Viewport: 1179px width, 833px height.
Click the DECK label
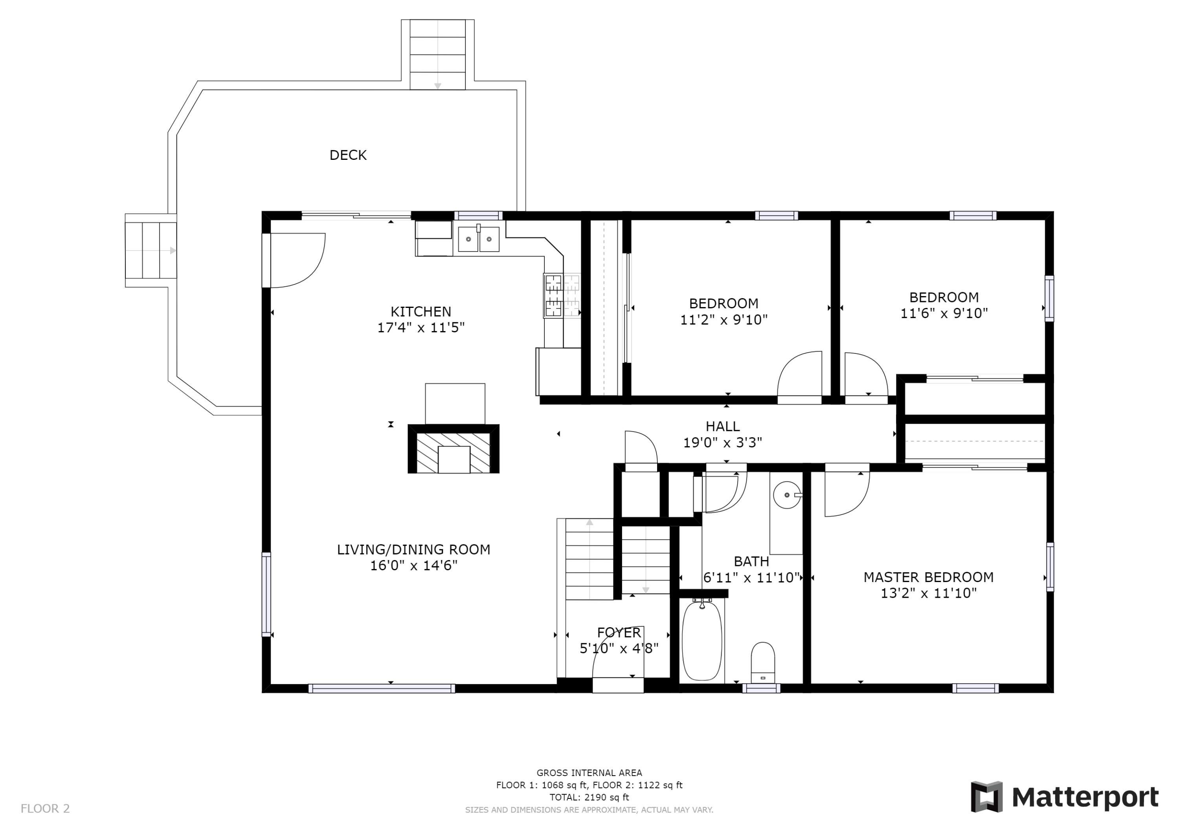point(348,155)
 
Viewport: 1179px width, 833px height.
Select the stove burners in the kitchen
point(562,296)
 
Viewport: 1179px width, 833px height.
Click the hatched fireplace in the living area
point(454,449)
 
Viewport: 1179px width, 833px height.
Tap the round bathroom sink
point(787,495)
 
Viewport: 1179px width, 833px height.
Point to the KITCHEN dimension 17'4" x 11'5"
point(421,328)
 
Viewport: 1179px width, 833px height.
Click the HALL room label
point(722,426)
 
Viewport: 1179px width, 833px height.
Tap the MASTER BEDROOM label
point(928,577)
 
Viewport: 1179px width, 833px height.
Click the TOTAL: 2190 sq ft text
point(589,797)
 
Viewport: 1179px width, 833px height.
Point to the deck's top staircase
point(437,55)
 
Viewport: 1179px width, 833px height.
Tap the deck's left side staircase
point(151,251)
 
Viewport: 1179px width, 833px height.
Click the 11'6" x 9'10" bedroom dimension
point(944,313)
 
